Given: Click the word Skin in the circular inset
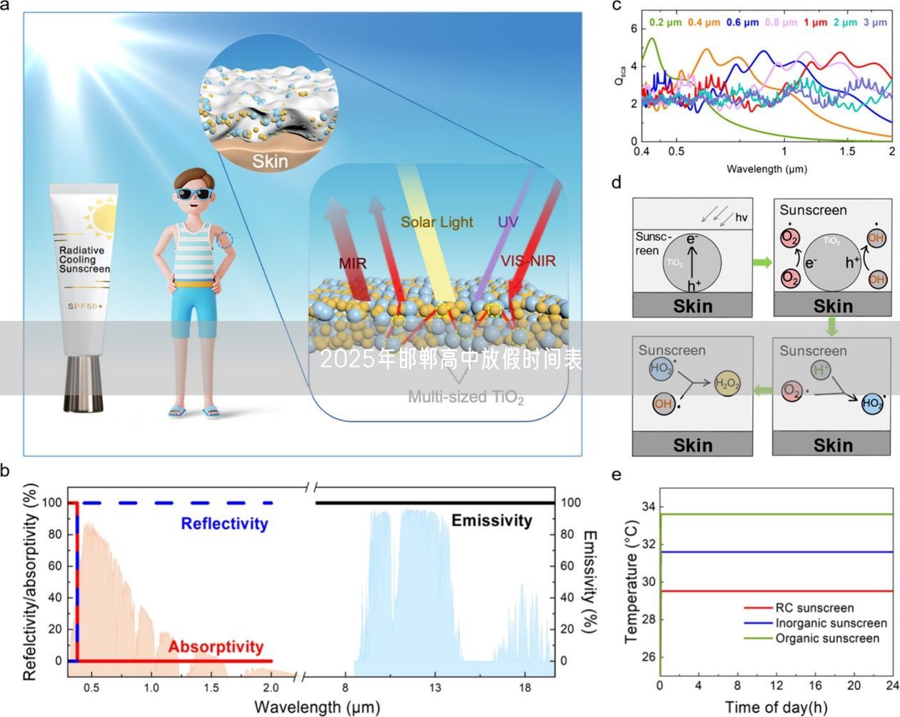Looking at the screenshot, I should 270,161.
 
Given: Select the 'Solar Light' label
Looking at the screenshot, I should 436,222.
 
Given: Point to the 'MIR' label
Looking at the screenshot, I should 353,263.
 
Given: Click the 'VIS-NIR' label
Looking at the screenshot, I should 528,261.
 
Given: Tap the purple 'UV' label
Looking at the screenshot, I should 508,222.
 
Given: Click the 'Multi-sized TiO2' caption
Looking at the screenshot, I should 466,397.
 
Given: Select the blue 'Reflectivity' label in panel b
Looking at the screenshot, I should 224,523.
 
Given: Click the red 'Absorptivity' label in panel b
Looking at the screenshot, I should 216,647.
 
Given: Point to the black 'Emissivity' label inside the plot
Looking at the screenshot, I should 491,520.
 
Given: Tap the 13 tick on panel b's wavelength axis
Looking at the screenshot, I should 435,688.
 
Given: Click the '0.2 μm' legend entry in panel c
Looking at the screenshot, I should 666,22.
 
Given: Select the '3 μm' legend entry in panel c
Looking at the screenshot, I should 875,22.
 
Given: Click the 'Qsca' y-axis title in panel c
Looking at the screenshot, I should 621,76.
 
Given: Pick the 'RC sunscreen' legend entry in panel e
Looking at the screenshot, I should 814,608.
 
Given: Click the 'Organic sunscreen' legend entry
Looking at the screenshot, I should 827,638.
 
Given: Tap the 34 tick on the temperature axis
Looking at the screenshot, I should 648,507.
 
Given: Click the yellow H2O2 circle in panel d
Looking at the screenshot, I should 727,384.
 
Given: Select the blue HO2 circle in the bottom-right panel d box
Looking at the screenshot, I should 872,403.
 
